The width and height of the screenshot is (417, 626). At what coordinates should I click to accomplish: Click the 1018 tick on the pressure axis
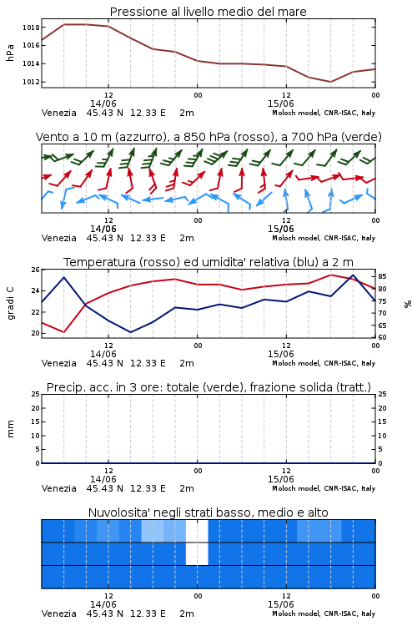31,28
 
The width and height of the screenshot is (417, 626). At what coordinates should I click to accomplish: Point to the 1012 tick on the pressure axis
31,82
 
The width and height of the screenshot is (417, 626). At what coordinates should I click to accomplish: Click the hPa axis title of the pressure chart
10,53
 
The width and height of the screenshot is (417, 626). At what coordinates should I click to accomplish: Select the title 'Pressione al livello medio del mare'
208,12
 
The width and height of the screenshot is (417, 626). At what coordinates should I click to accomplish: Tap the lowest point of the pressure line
330,82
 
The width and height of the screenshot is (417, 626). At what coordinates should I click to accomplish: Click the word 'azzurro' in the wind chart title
139,137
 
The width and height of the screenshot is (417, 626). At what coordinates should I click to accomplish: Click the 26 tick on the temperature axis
36,270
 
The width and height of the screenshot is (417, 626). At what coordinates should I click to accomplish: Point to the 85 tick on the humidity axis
382,276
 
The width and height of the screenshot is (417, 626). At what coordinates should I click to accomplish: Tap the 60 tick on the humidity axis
382,337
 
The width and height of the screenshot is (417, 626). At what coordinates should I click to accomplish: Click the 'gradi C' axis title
11,303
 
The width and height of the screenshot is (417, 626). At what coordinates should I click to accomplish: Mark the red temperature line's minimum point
64,331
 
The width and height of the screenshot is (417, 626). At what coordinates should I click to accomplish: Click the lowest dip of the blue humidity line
130,332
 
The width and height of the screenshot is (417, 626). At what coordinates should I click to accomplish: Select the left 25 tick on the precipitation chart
36,394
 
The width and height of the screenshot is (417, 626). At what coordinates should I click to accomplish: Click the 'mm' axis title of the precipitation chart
11,428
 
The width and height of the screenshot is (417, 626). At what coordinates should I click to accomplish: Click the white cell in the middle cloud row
197,553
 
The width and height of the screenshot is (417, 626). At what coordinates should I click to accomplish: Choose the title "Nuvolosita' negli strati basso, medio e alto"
208,512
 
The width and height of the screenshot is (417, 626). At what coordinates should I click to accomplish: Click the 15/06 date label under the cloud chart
280,604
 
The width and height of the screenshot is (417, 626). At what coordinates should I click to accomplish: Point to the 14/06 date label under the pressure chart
103,103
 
